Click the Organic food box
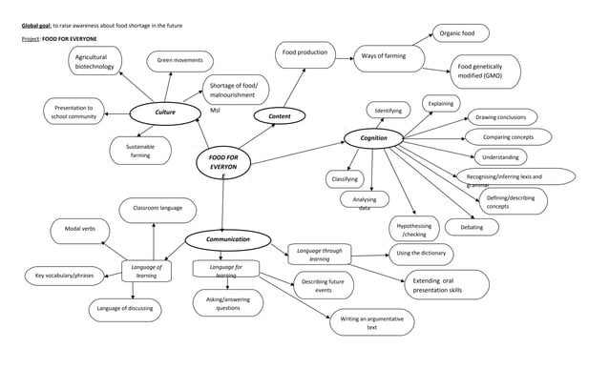pyautogui.click(x=463, y=34)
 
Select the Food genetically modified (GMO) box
pyautogui.click(x=485, y=72)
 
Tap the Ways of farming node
pyautogui.click(x=384, y=56)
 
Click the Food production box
pyautogui.click(x=304, y=53)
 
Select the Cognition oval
pyautogui.click(x=372, y=138)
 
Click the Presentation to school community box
pyautogui.click(x=73, y=113)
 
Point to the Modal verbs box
pyautogui.click(x=79, y=230)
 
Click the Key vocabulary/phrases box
pyautogui.click(x=63, y=277)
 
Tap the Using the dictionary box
pyautogui.click(x=421, y=254)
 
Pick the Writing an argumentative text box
pyautogui.click(x=371, y=322)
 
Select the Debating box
pyautogui.click(x=472, y=228)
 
